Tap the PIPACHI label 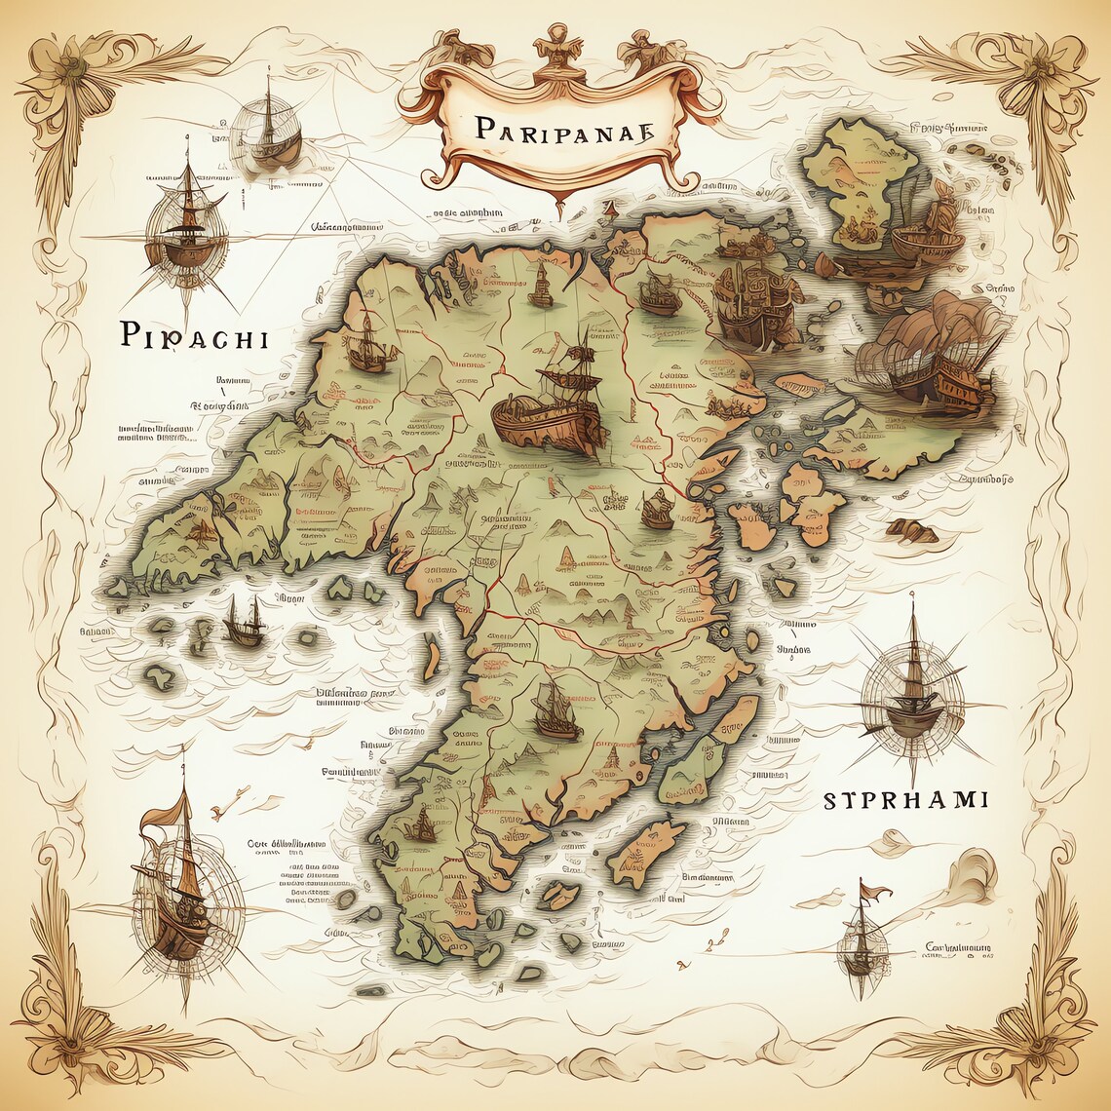pyautogui.click(x=194, y=337)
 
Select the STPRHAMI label pyautogui.click(x=905, y=801)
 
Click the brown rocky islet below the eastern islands pyautogui.click(x=911, y=531)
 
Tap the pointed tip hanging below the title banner pyautogui.click(x=559, y=207)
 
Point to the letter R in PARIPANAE pyautogui.click(x=517, y=129)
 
